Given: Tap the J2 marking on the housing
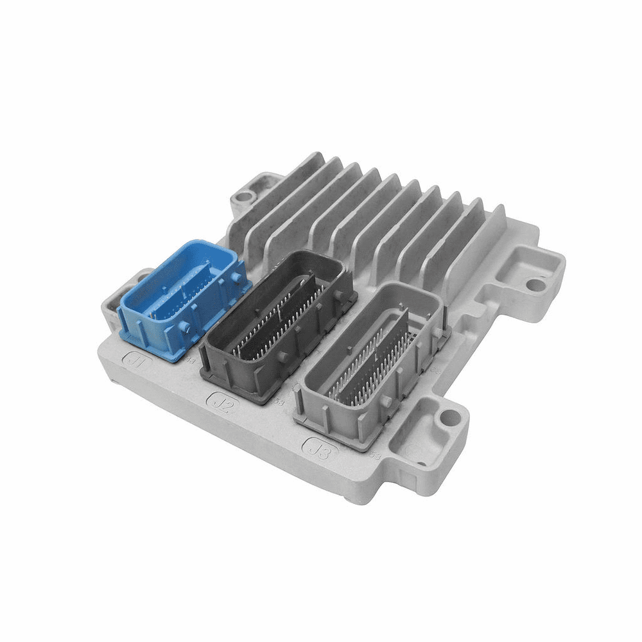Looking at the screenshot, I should (x=220, y=403).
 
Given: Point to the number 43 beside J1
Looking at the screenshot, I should (x=190, y=361).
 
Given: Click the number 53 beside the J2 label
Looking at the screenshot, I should (x=279, y=403).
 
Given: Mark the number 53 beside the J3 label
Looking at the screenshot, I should (x=376, y=455).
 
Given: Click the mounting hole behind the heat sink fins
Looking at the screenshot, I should (x=241, y=196).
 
